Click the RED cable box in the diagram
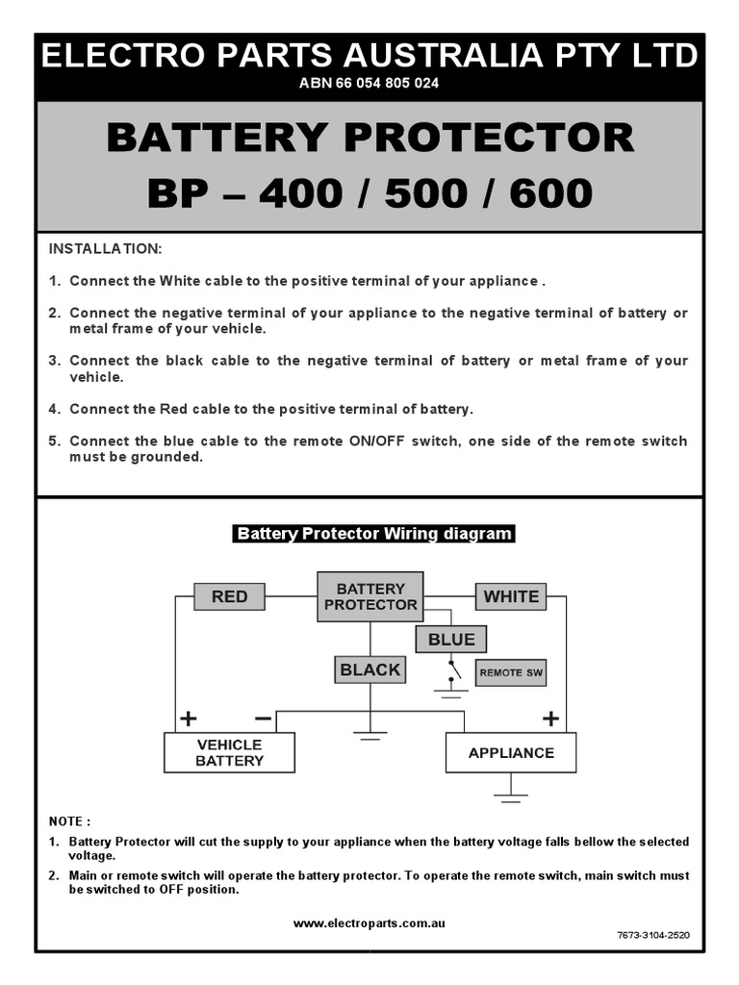(229, 596)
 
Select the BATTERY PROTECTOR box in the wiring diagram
(370, 596)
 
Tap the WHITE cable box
(511, 596)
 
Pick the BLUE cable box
(451, 639)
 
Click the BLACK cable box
(369, 669)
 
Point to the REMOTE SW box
(510, 673)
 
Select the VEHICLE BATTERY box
(229, 752)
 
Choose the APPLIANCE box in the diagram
(511, 752)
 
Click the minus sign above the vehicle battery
(263, 718)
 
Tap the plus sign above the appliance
(550, 718)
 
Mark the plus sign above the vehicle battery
(188, 718)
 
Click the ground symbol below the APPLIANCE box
(511, 795)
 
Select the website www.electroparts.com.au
(369, 922)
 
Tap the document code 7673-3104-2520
(652, 935)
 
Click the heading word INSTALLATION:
(106, 248)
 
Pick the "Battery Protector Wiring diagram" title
(374, 534)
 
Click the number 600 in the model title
(551, 194)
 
